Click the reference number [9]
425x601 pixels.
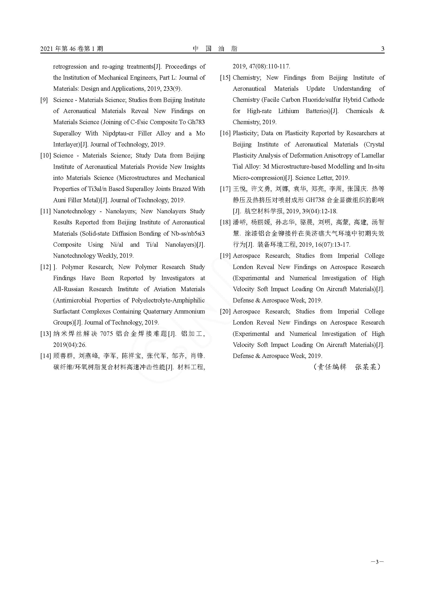[x=44, y=100]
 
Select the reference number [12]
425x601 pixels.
[x=45, y=267]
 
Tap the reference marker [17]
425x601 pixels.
[x=225, y=189]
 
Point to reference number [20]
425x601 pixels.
[x=225, y=311]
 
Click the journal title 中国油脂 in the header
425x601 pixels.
[x=215, y=49]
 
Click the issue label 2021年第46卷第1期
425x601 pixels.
[x=72, y=49]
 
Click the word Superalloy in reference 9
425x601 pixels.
[x=67, y=134]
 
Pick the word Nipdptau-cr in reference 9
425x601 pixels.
[x=118, y=134]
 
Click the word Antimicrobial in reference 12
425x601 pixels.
[x=72, y=301]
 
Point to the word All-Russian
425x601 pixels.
[x=69, y=289]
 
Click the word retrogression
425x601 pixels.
[x=70, y=67]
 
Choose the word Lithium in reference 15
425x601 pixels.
[x=288, y=111]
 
